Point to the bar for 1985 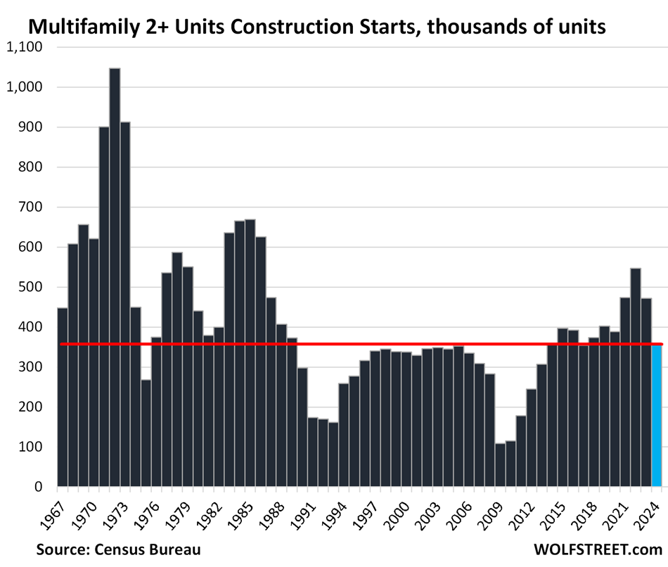pyautogui.click(x=250, y=352)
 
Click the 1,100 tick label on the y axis pyautogui.click(x=25, y=47)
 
